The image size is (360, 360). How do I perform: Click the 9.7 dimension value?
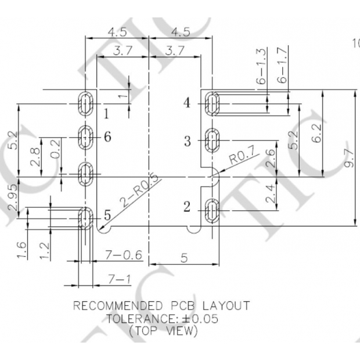347,158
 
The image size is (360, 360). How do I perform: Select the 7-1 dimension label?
119,280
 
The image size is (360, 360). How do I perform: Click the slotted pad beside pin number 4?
213,104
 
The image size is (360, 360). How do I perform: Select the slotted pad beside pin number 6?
85,138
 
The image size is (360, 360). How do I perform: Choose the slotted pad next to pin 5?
85,218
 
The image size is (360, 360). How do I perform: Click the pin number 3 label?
187,141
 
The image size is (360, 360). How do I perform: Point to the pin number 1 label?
106,113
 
